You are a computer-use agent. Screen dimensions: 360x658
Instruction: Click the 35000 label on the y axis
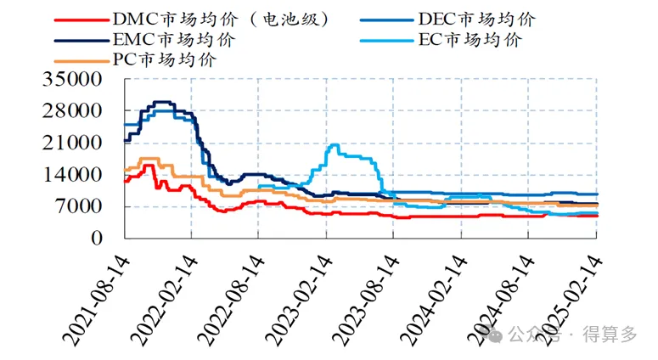pos(77,80)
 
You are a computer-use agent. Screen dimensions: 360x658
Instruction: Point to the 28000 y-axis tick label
pos(77,111)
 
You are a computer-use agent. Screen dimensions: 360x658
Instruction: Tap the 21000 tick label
pos(77,143)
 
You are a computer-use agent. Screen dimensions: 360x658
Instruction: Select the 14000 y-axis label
pos(77,175)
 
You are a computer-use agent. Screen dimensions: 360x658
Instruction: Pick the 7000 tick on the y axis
pos(82,206)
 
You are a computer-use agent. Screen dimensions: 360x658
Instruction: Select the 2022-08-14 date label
pos(225,297)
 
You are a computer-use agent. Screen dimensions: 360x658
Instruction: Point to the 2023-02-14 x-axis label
pos(292,297)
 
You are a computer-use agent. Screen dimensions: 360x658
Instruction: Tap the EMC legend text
pos(173,39)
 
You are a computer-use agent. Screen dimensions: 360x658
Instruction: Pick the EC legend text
pos(470,39)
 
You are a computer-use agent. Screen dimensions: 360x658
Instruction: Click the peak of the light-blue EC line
pos(335,145)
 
